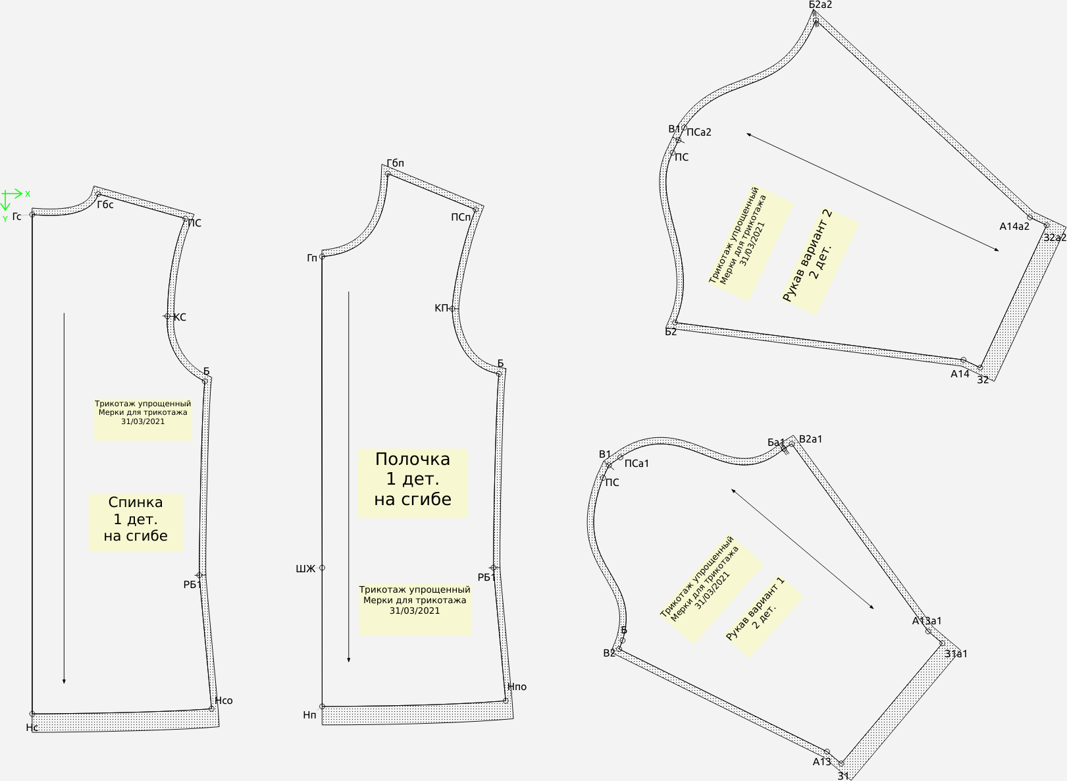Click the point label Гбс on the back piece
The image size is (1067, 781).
105,205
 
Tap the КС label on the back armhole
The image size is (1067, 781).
180,317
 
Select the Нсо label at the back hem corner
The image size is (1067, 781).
224,701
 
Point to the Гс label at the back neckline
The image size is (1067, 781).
17,217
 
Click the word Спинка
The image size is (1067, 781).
136,502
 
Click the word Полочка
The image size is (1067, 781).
413,460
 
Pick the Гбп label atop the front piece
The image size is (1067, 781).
396,163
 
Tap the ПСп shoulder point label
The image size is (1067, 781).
461,217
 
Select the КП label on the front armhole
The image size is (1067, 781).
441,308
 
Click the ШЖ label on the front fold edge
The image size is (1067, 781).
305,568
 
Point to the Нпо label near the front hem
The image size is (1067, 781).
517,687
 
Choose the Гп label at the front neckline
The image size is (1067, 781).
312,257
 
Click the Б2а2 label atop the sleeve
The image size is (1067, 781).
820,5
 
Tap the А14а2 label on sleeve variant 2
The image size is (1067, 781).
1014,227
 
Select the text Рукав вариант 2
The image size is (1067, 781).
808,255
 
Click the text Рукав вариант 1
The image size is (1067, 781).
755,609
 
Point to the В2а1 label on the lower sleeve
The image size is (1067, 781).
811,439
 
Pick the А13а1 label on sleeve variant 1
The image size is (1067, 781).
927,621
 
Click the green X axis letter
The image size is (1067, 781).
28,194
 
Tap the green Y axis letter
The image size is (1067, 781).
5,219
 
